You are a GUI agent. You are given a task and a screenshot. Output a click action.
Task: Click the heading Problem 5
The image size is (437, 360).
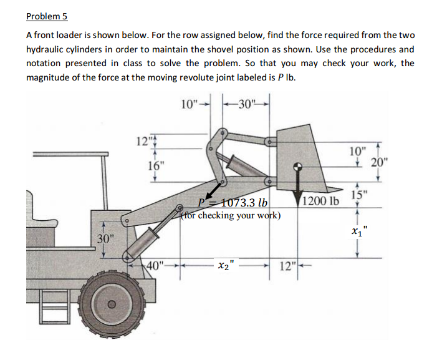click(47, 17)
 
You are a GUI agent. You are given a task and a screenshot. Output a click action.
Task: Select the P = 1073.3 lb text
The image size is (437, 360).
click(232, 203)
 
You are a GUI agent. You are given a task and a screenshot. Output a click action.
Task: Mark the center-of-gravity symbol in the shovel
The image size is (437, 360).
click(299, 167)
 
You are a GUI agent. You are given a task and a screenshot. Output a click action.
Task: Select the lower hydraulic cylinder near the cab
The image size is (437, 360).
click(144, 238)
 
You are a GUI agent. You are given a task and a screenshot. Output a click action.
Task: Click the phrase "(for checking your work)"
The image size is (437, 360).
click(231, 216)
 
